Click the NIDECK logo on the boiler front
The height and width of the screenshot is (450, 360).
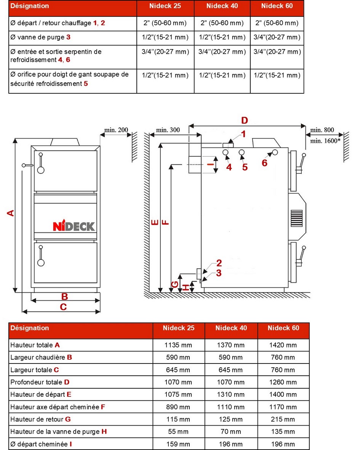tap(74, 226)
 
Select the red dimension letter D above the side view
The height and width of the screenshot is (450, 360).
tap(245, 120)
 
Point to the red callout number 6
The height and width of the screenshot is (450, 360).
tap(264, 163)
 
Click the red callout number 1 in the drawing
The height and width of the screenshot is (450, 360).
tap(243, 134)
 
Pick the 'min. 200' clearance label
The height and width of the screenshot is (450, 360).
tap(116, 130)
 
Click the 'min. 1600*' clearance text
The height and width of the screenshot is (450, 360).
tap(325, 141)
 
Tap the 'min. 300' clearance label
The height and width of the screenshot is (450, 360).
tap(168, 130)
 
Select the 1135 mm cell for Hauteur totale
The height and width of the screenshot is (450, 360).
tap(178, 345)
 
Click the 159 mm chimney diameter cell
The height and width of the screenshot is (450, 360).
tap(178, 444)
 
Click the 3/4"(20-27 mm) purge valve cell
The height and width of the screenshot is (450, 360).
tap(277, 37)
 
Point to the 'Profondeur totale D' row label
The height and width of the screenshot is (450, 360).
tap(40, 382)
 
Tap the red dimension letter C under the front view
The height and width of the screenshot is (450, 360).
tap(63, 307)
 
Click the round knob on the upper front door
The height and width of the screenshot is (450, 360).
tap(40, 170)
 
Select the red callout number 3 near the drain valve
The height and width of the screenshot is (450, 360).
tap(219, 273)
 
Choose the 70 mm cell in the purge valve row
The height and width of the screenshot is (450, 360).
tap(230, 432)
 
